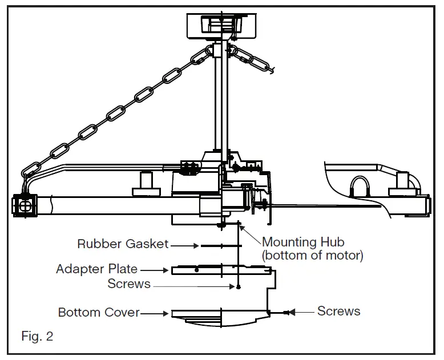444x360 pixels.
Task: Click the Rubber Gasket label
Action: (123, 244)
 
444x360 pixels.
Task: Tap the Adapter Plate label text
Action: (96, 269)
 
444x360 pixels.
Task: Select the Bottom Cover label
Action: (99, 313)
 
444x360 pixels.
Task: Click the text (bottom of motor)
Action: (312, 255)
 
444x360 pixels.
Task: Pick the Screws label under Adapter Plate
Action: (129, 283)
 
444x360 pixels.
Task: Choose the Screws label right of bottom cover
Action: (338, 311)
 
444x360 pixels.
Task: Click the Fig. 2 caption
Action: (37, 336)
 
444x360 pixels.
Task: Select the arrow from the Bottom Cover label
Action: (155, 313)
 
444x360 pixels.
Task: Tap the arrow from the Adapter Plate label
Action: (155, 269)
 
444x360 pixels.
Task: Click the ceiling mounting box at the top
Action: (219, 26)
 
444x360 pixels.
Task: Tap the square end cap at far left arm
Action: (25, 204)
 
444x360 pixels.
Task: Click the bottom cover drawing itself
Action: (220, 318)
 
